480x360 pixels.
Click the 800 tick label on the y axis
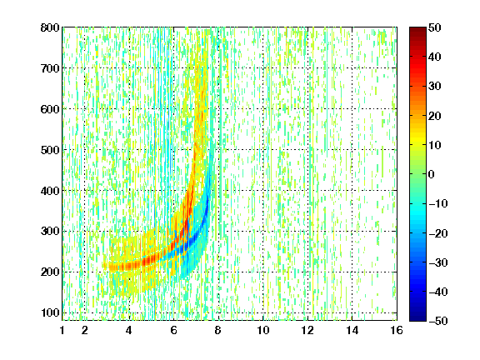50,27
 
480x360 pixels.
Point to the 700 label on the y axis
50,68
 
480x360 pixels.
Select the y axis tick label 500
50,150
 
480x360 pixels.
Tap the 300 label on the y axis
50,232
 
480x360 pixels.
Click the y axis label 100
50,312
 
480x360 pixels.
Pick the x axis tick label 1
62,330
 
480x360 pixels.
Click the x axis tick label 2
85,330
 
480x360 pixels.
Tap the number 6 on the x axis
174,330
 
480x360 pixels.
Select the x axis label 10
263,330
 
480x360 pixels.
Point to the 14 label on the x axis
352,330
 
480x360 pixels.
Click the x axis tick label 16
397,330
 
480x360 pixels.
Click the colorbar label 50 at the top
435,27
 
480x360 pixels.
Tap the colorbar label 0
431,174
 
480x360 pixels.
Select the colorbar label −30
438,262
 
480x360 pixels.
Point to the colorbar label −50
438,321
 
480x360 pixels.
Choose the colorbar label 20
435,116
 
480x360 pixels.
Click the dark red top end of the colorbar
417,29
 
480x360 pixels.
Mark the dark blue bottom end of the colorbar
417,318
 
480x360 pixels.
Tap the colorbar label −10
438,204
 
